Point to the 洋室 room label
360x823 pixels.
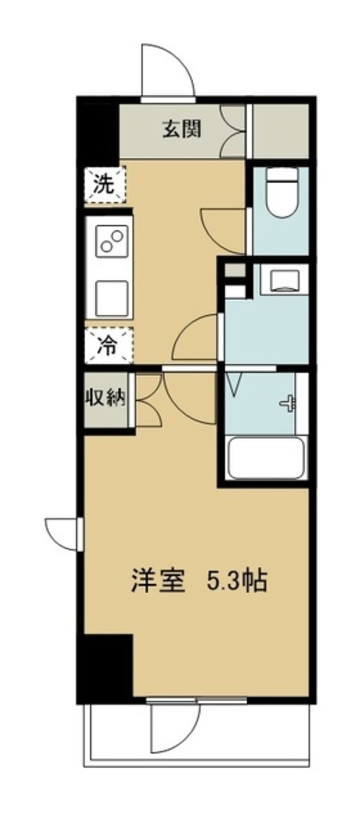coord(157,581)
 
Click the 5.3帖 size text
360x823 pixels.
coord(236,581)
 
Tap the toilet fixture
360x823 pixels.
coord(281,193)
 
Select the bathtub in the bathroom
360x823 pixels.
coord(266,457)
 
